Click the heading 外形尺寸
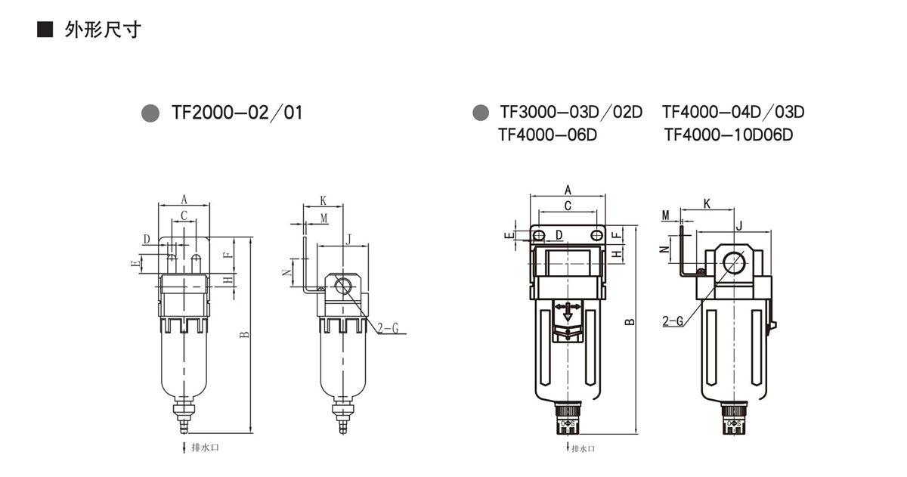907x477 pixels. tap(103, 30)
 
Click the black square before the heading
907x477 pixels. tap(45, 29)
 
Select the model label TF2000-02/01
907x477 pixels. tap(237, 113)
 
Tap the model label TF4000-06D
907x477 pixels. tap(547, 135)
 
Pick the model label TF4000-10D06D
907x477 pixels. tap(729, 135)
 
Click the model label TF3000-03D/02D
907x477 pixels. tap(571, 112)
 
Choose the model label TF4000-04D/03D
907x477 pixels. tap(733, 112)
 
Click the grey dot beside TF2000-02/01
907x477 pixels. tap(150, 113)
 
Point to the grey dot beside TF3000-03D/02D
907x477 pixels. tap(481, 112)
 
